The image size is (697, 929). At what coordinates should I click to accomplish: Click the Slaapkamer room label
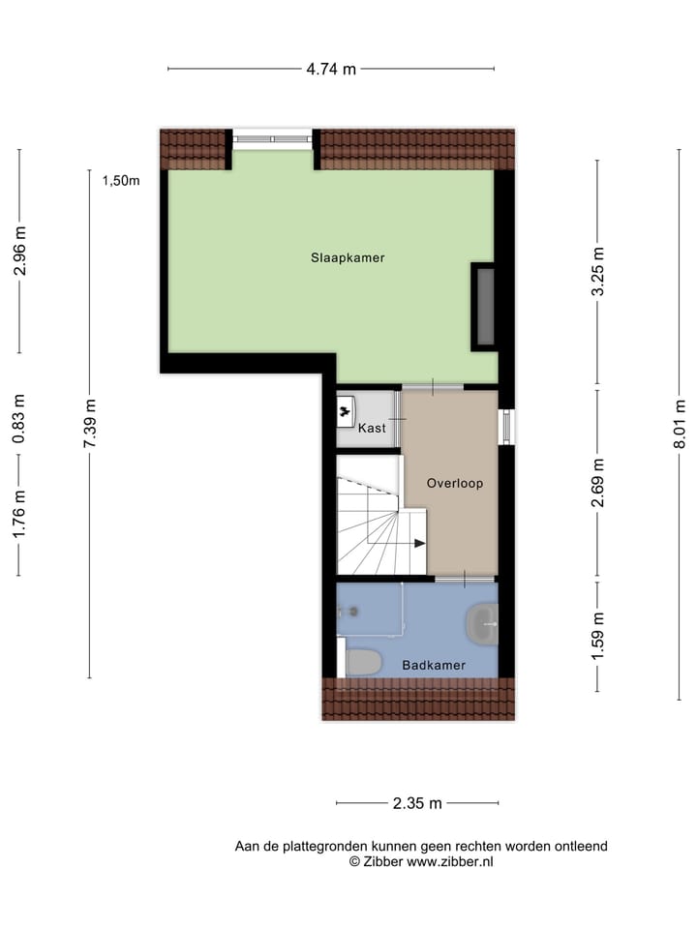tap(348, 258)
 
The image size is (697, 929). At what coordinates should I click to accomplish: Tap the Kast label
tap(372, 428)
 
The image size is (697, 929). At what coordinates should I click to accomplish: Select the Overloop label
tap(454, 483)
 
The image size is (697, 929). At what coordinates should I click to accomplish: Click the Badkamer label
tap(434, 666)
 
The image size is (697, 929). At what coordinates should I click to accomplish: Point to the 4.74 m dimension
tap(331, 69)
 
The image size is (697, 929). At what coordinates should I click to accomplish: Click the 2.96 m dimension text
tap(19, 251)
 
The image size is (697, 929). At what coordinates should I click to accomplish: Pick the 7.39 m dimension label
tap(90, 423)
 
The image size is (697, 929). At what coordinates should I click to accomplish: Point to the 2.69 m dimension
tap(597, 483)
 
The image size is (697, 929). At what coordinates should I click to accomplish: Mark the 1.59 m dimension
tap(597, 636)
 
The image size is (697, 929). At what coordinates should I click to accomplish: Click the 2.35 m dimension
tap(417, 803)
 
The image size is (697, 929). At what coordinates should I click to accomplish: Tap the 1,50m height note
tap(121, 180)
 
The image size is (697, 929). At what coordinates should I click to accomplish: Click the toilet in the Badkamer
tap(363, 662)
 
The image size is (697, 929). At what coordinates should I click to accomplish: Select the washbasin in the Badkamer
tap(482, 624)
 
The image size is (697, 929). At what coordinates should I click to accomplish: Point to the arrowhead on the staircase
tap(419, 543)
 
